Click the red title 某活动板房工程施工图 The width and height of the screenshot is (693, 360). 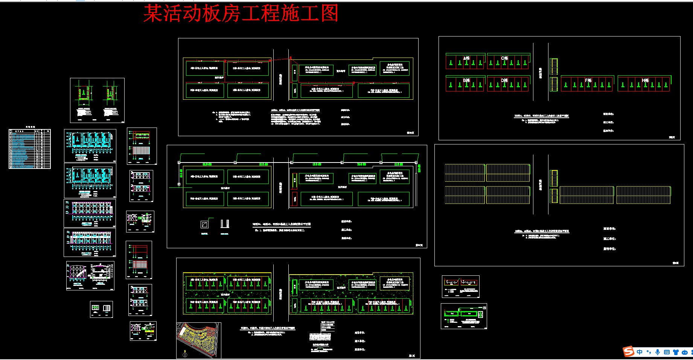pyautogui.click(x=241, y=14)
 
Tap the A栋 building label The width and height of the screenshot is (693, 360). pyautogui.click(x=466, y=58)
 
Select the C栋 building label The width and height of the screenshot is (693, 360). pyautogui.click(x=504, y=58)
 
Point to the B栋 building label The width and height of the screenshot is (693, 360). pyautogui.click(x=466, y=80)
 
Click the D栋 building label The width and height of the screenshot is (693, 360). pyautogui.click(x=504, y=80)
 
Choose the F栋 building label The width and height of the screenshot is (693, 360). pyautogui.click(x=588, y=80)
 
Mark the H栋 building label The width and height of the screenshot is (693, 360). pyautogui.click(x=645, y=80)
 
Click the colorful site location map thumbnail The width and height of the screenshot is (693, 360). pyautogui.click(x=198, y=339)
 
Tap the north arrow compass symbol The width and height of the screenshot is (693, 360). pyautogui.click(x=184, y=354)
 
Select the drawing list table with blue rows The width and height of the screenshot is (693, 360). pyautogui.click(x=30, y=149)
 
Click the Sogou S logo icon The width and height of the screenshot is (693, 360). pyautogui.click(x=628, y=351)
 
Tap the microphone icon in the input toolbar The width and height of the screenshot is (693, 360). pyautogui.click(x=658, y=352)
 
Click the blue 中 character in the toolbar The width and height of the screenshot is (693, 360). pyautogui.click(x=640, y=352)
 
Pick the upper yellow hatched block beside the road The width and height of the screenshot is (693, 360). pyautogui.click(x=554, y=66)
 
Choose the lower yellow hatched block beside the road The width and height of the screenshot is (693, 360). pyautogui.click(x=554, y=84)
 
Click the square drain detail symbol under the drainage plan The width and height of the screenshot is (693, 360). pyautogui.click(x=204, y=225)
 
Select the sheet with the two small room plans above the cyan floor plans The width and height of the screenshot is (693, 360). pyautogui.click(x=97, y=100)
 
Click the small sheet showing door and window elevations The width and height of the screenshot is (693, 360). pyautogui.click(x=101, y=309)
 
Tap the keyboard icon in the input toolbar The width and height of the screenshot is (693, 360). pyautogui.click(x=667, y=352)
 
